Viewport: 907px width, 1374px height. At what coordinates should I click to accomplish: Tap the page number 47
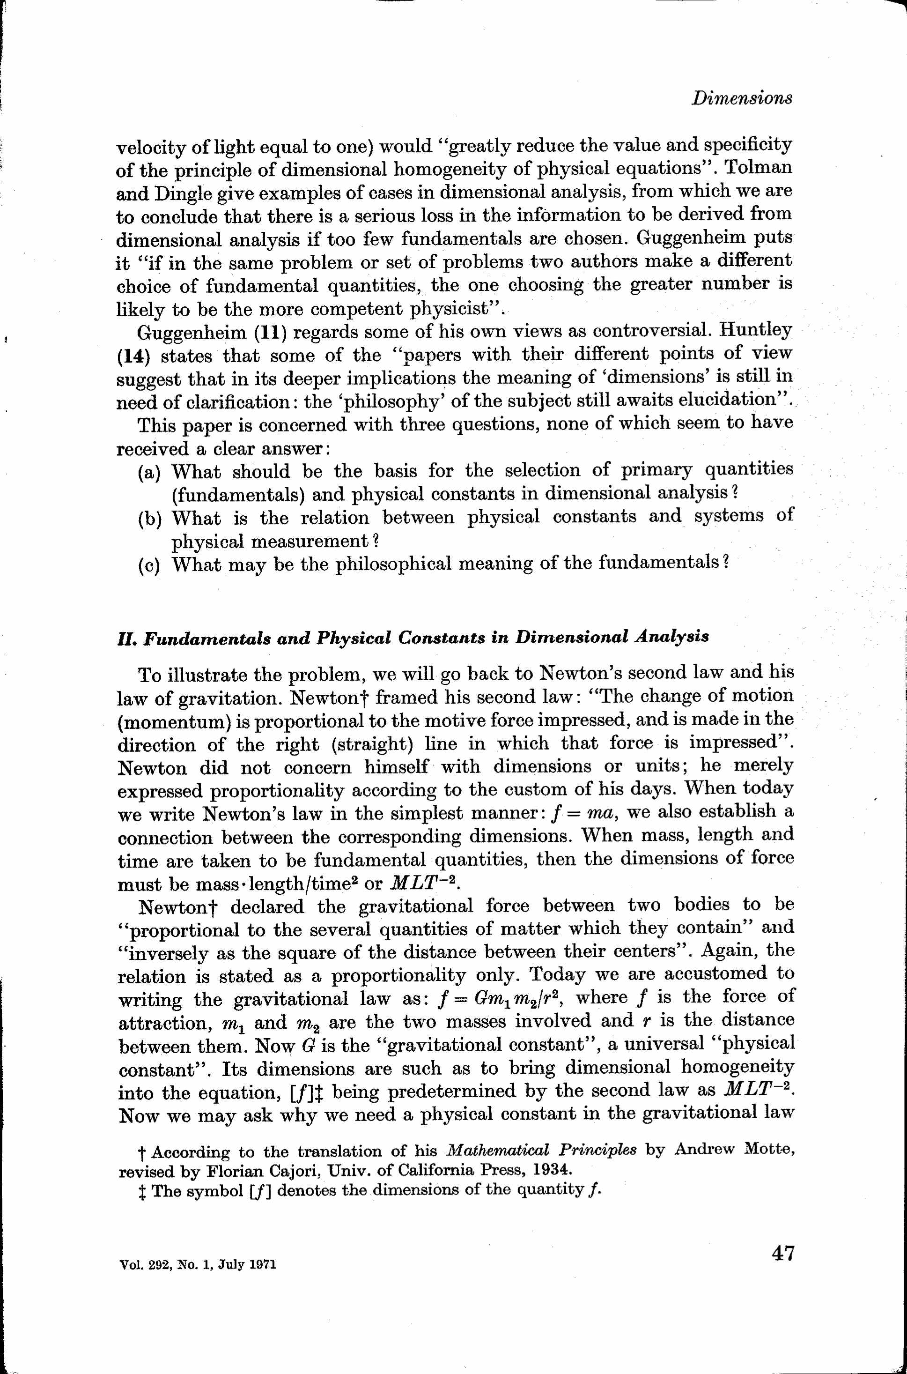[782, 1254]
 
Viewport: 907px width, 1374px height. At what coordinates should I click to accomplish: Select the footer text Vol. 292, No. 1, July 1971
[197, 1265]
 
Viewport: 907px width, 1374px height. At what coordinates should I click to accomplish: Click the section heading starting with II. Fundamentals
[413, 638]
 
